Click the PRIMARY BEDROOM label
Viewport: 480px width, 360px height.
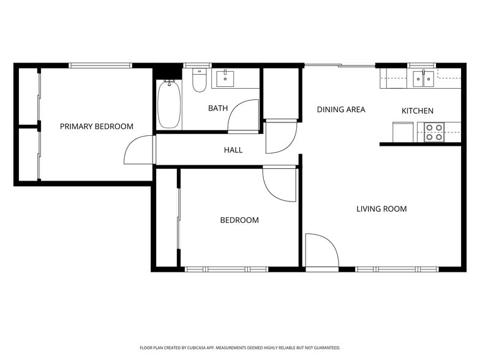(96, 127)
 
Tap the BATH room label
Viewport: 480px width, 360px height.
(217, 108)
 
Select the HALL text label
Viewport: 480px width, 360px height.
(233, 150)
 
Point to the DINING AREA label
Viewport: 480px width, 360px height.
(340, 110)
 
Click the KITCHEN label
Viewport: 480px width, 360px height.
(417, 111)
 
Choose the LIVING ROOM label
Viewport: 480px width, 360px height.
(381, 209)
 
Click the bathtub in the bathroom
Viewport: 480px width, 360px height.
(169, 105)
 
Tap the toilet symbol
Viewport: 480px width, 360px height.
(200, 80)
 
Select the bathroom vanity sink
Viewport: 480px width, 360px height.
(226, 78)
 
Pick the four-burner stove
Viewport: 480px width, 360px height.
(434, 132)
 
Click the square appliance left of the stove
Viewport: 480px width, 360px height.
(403, 132)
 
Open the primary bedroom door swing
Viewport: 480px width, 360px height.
(138, 150)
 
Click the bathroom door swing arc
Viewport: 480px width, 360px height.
(244, 116)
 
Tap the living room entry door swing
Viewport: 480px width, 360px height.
(321, 251)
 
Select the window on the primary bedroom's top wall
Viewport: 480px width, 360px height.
(100, 65)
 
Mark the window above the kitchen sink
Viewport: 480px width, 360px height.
(422, 65)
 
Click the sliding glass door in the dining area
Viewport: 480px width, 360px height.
(340, 65)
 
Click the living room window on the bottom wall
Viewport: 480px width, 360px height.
(397, 269)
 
